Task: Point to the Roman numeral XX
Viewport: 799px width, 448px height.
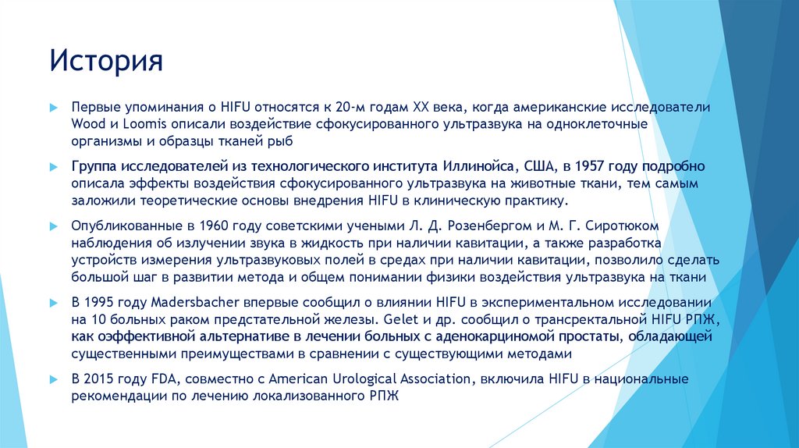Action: (410, 107)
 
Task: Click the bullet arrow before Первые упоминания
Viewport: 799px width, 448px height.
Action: (53, 107)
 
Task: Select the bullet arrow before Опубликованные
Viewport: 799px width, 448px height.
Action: (53, 226)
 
